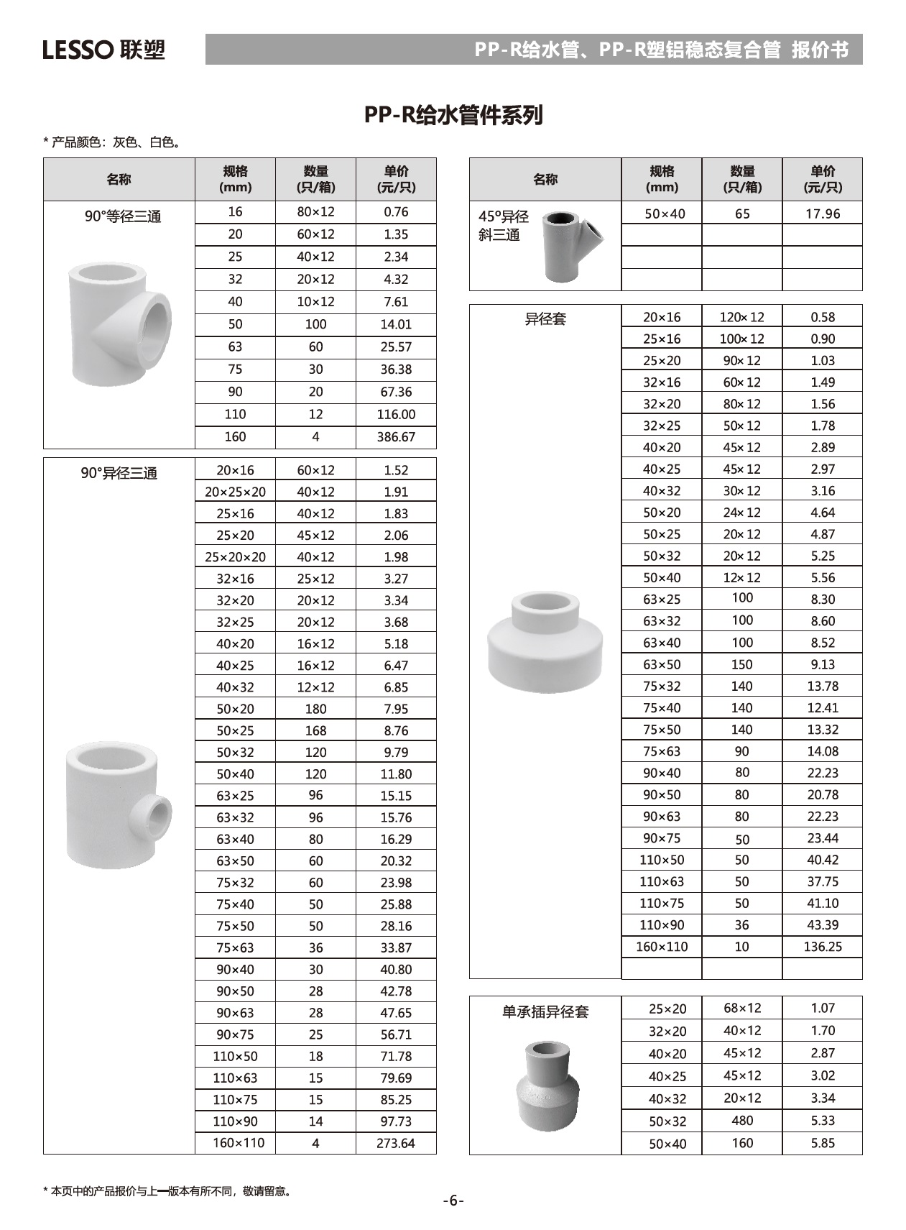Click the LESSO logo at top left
(x=103, y=50)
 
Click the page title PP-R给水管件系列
(x=453, y=115)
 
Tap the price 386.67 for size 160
(x=396, y=437)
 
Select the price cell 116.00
(x=396, y=415)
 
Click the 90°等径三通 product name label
(x=123, y=216)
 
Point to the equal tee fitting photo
(x=120, y=323)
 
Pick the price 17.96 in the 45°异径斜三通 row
(x=822, y=214)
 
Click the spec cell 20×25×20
(x=235, y=492)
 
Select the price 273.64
(x=396, y=1143)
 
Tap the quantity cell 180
(x=315, y=709)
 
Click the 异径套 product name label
(x=545, y=318)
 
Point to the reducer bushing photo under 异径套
(x=545, y=642)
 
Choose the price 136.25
(x=822, y=947)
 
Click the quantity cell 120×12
(x=742, y=317)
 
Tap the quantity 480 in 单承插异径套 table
(x=742, y=1121)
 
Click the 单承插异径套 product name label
(x=545, y=1012)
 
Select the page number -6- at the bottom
(x=453, y=1201)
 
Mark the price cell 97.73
(x=396, y=1121)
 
